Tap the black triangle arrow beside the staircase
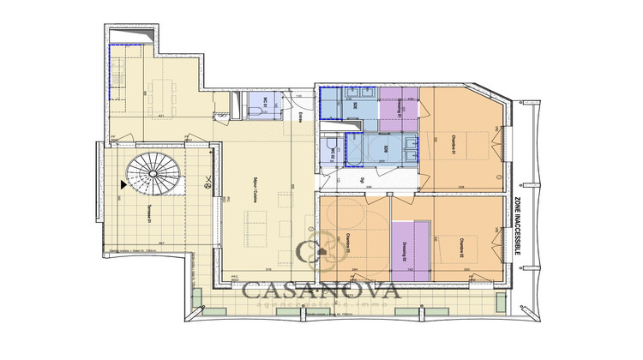[x=126, y=183]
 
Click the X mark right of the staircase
[x=207, y=182]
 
